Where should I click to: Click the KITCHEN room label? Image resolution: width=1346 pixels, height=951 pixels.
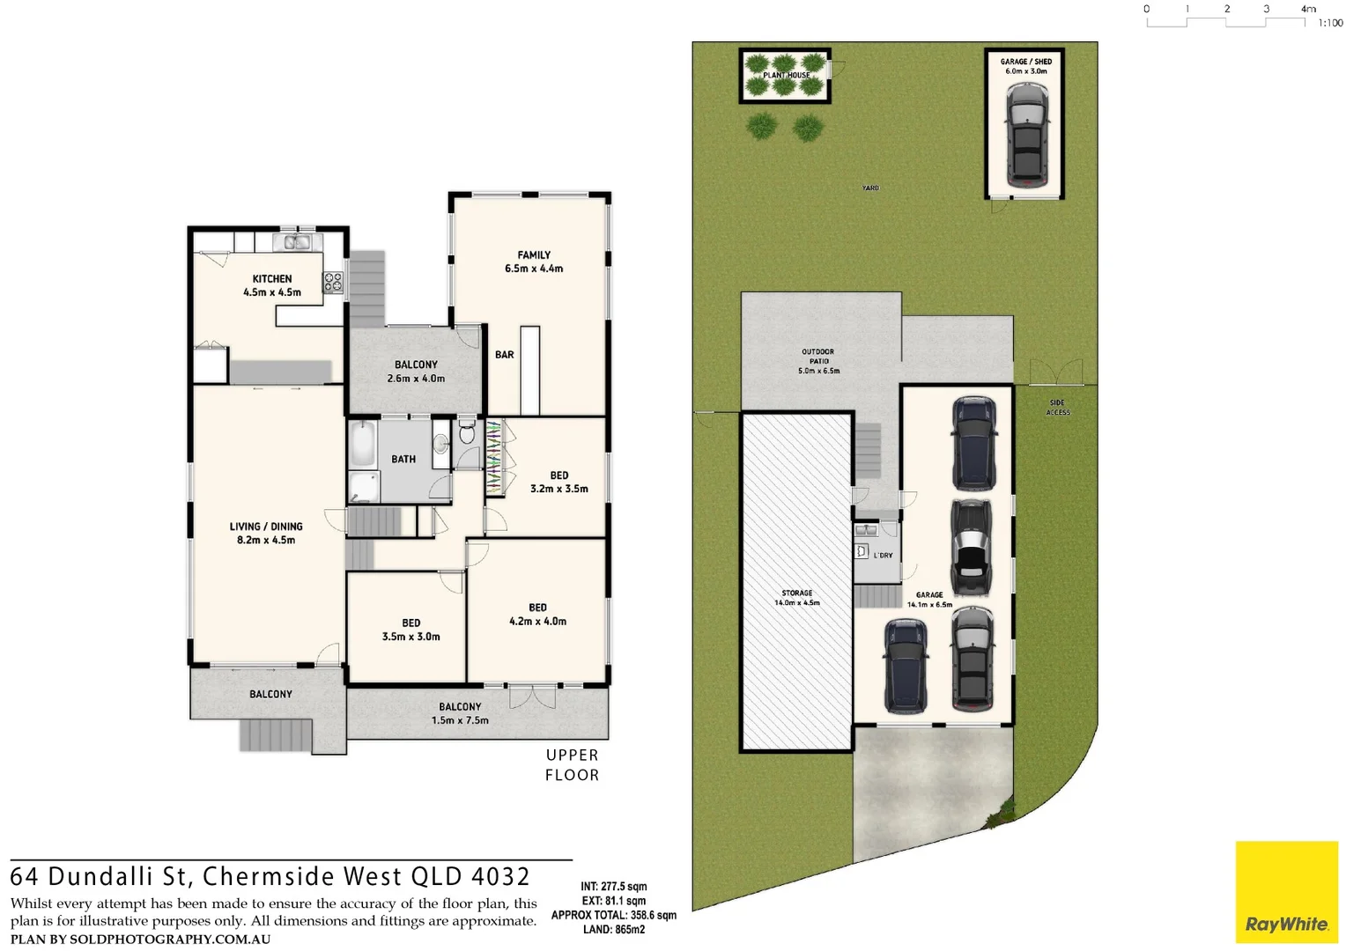271,285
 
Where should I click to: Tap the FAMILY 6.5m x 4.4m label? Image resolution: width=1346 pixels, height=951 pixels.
534,262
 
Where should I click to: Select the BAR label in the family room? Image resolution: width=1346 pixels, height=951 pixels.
504,355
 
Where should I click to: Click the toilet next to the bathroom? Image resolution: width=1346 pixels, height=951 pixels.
467,433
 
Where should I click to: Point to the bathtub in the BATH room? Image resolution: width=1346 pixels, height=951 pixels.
363,444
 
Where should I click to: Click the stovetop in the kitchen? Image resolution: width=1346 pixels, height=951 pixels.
333,282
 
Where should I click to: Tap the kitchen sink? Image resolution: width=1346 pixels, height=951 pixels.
293,241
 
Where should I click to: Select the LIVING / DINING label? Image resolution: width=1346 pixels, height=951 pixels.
266,533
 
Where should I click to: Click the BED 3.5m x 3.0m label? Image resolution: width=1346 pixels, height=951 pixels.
410,630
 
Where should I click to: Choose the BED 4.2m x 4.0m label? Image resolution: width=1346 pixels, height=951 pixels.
537,615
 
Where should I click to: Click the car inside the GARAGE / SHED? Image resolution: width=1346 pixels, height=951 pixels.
1026,134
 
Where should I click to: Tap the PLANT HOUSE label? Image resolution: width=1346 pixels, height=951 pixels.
786,76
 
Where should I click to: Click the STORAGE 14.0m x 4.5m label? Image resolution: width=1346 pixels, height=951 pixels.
796,598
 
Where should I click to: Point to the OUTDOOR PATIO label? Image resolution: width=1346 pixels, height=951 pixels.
818,361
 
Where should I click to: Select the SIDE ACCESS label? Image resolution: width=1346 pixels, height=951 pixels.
1058,408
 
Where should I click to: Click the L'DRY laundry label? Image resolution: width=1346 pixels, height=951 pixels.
883,556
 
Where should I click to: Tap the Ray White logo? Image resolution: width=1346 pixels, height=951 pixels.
1286,892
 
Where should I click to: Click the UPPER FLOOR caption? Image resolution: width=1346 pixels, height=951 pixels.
572,765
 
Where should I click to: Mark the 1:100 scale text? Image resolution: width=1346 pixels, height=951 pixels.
1330,23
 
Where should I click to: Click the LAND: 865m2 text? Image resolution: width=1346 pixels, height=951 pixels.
614,930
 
